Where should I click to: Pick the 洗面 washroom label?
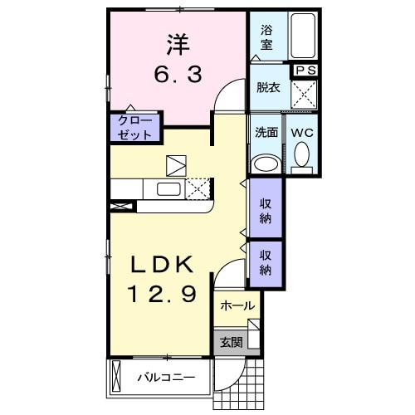pyautogui.click(x=266, y=131)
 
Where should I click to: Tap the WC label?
pyautogui.click(x=300, y=131)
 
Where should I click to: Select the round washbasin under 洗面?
pyautogui.click(x=266, y=162)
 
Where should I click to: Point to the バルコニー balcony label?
pyautogui.click(x=165, y=378)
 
